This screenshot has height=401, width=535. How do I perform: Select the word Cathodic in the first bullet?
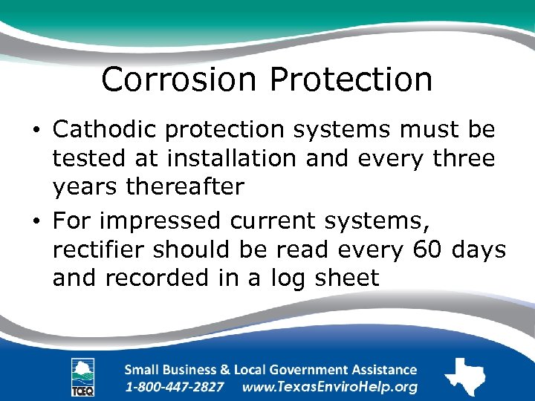104,129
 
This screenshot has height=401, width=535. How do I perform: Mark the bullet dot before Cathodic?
37,131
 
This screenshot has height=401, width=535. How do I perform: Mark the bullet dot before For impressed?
37,221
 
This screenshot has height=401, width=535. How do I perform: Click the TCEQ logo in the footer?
82,377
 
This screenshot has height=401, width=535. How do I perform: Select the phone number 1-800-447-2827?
175,387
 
